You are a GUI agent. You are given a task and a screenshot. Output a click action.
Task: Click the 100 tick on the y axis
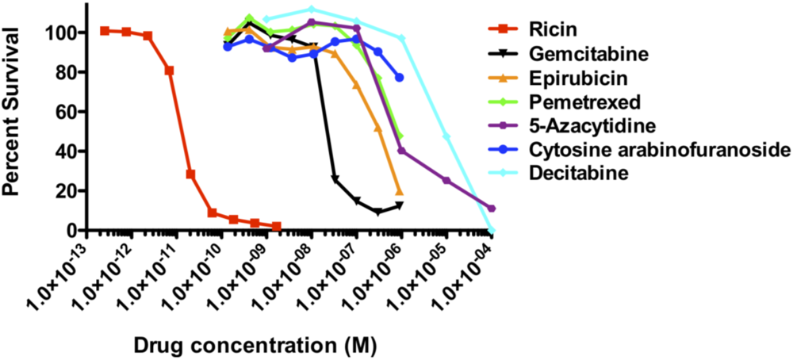(65, 33)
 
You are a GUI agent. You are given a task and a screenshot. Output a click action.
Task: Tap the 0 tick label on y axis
(76, 230)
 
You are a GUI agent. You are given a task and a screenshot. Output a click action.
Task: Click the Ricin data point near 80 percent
(169, 71)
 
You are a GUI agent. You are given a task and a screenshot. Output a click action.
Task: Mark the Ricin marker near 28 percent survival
(190, 174)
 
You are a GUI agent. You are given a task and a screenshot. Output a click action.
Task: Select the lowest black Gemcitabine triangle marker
(378, 212)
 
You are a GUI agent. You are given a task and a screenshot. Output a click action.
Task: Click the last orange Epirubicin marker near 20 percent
(399, 191)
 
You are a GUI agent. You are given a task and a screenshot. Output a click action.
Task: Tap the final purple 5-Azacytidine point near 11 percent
(492, 209)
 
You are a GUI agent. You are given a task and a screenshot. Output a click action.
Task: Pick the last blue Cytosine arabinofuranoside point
(399, 77)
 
